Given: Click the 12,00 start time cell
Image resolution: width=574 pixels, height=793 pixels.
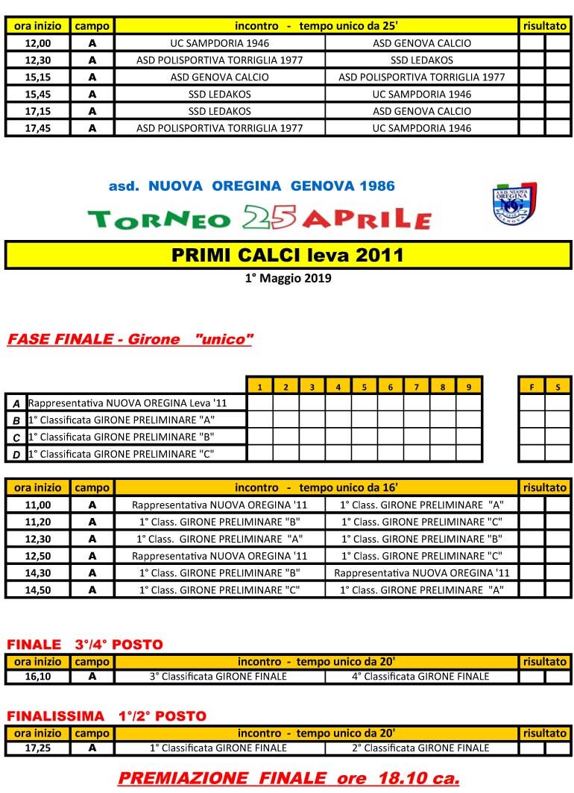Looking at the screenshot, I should click(38, 43).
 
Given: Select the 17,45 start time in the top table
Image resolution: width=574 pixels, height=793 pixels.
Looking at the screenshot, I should click(38, 128).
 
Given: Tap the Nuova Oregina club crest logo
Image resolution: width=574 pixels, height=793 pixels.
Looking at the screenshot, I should click(515, 203).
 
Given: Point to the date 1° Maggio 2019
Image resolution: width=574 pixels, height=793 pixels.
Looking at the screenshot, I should click(288, 279).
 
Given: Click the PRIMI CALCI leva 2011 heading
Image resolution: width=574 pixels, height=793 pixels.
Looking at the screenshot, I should click(288, 255).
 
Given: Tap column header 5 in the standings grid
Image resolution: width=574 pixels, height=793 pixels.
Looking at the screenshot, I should click(365, 386).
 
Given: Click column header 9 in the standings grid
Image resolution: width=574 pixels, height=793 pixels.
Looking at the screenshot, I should click(468, 386).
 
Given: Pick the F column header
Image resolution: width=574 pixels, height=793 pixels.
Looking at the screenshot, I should click(532, 386).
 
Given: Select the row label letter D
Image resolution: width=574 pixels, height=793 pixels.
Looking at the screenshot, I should click(16, 454).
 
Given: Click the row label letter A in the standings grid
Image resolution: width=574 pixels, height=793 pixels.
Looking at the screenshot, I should click(16, 403).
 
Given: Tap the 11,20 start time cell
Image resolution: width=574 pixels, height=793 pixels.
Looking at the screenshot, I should click(38, 522).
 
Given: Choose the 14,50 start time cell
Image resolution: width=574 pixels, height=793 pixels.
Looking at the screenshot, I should click(38, 590).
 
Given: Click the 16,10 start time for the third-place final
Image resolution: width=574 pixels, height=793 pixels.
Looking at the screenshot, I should click(38, 677).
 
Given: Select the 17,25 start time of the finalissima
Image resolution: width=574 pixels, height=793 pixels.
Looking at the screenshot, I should click(38, 748).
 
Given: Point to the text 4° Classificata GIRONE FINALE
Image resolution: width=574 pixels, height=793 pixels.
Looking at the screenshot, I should click(421, 677).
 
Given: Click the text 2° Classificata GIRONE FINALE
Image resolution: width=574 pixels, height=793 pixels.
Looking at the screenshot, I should click(421, 748).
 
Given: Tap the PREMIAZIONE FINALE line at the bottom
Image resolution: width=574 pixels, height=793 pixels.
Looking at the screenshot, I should click(288, 778).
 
